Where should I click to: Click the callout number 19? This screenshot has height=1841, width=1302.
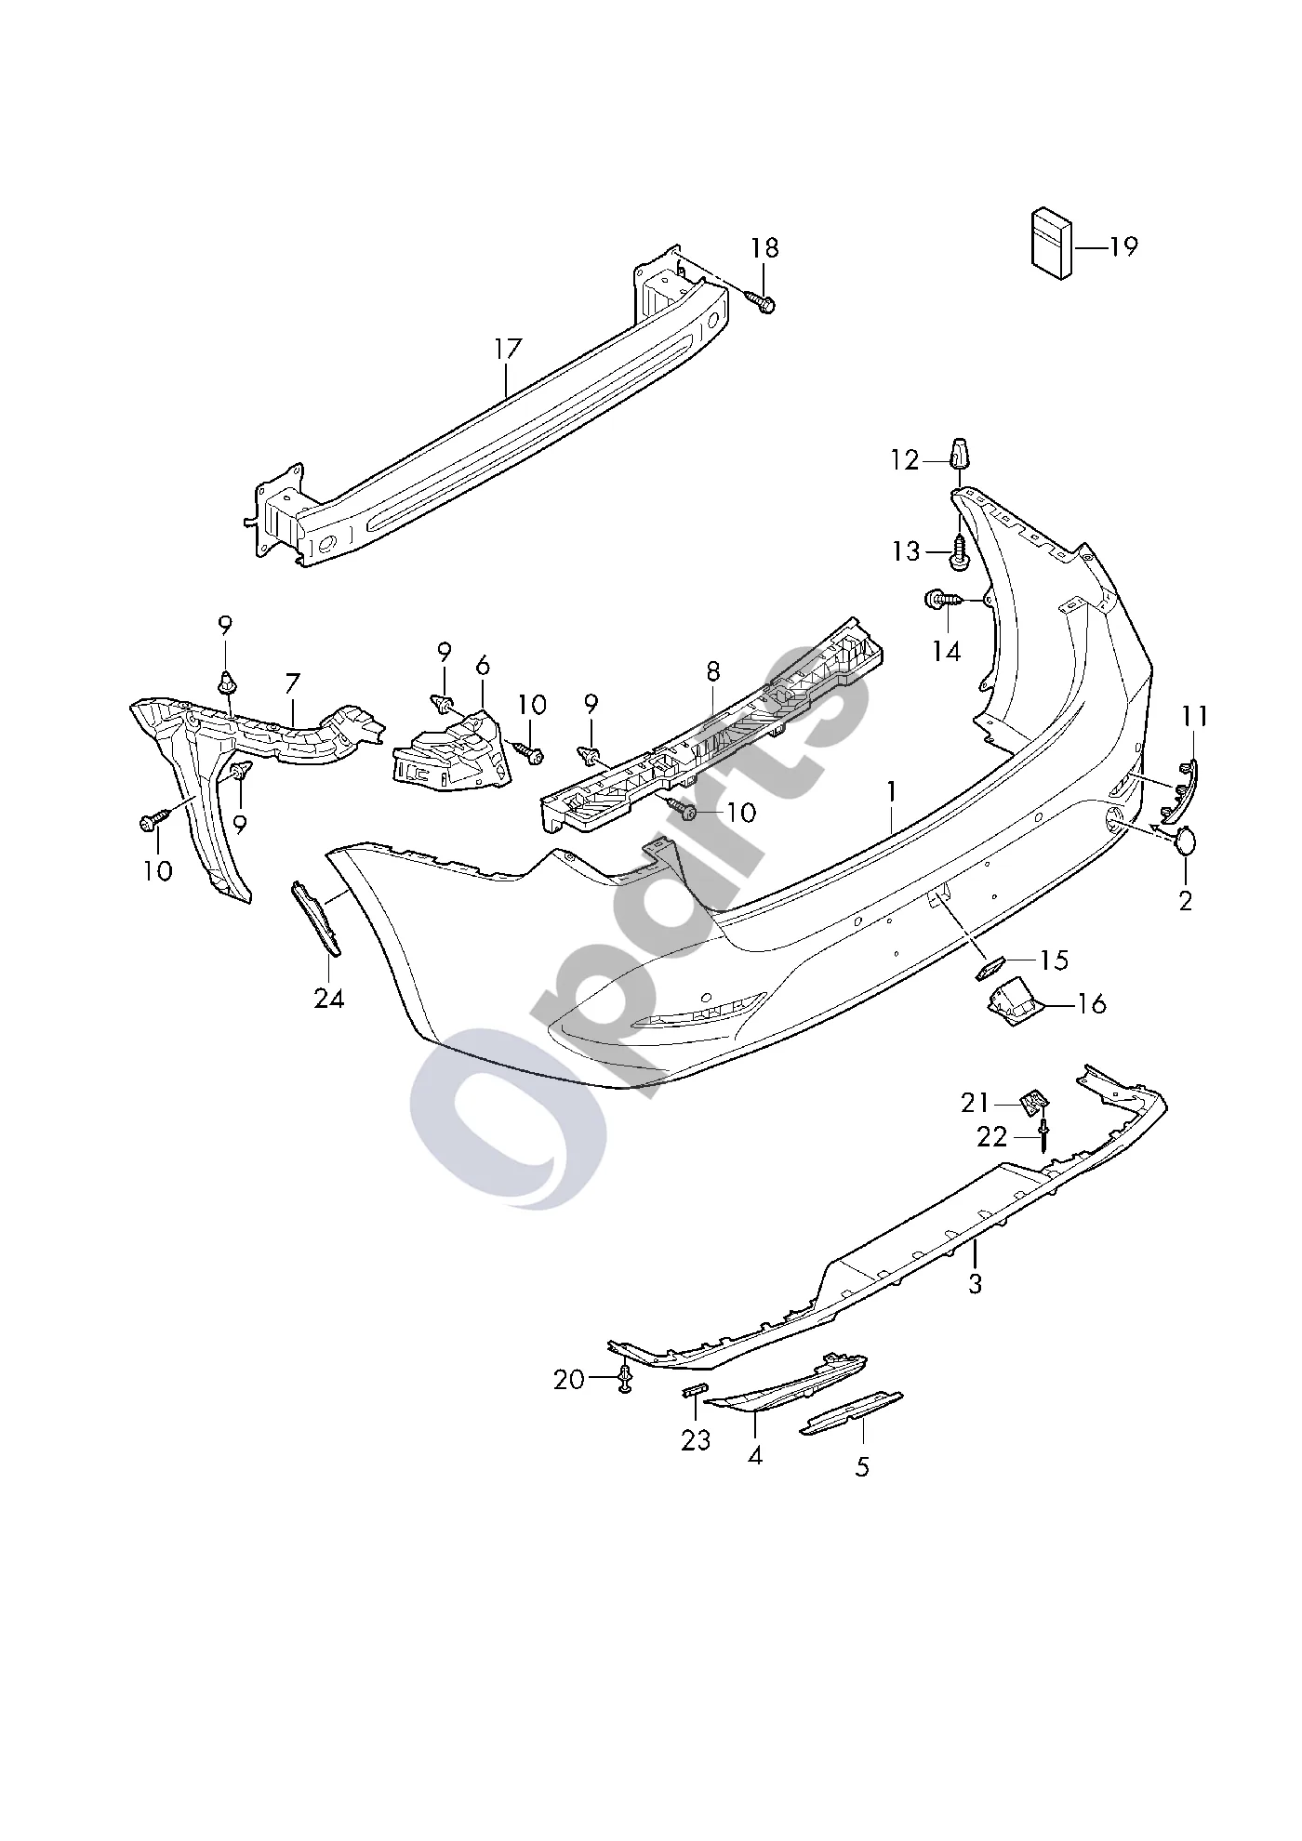click(1123, 246)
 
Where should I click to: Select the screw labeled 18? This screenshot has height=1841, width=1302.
click(760, 300)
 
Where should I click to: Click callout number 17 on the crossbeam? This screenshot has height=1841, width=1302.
click(508, 350)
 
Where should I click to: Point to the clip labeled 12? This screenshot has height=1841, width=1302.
click(959, 454)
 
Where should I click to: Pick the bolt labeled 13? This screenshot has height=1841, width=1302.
click(959, 553)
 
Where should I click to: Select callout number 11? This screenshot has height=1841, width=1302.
click(1195, 716)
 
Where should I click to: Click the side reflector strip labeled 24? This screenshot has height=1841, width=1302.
click(316, 917)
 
